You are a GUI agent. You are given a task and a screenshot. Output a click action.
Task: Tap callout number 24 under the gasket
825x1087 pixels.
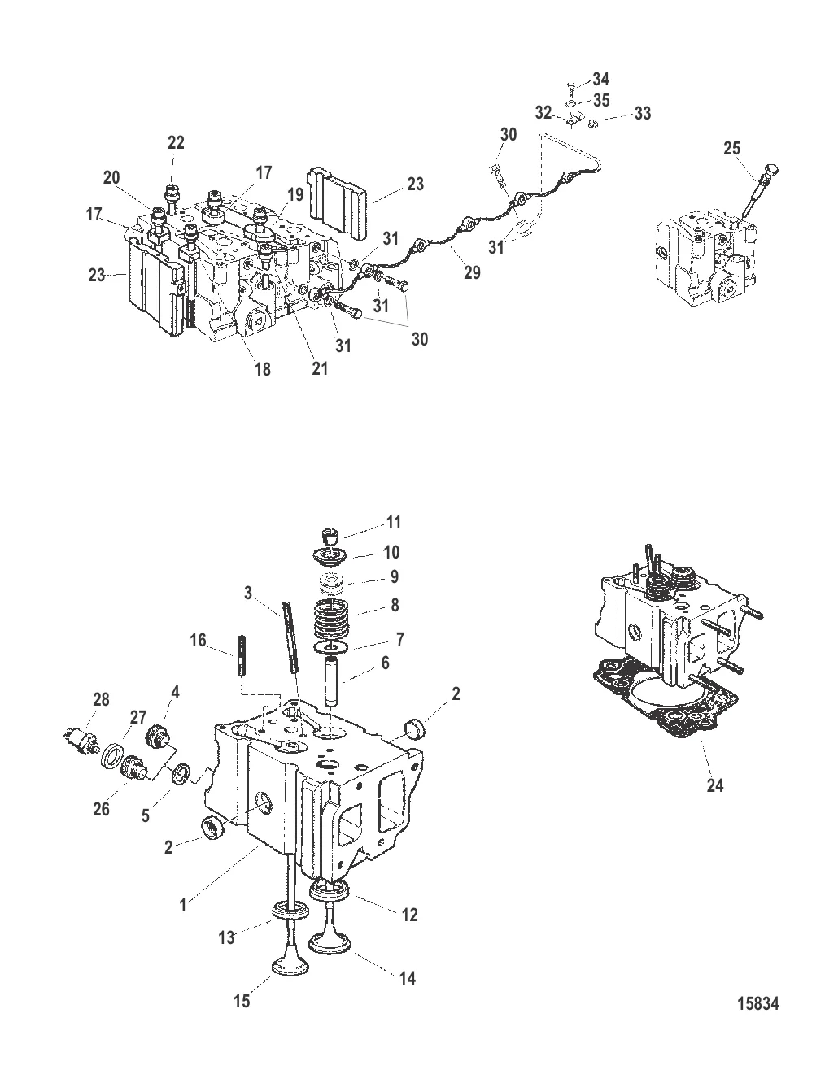point(714,785)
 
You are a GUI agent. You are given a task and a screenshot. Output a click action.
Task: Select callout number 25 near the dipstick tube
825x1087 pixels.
point(732,148)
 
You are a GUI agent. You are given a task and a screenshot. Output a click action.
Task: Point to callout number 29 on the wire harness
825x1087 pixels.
point(472,272)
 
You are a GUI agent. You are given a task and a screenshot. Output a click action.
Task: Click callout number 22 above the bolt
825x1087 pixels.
point(176,142)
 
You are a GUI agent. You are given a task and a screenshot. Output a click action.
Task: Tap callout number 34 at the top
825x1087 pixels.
point(600,79)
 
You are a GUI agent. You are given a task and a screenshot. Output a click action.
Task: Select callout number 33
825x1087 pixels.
point(642,113)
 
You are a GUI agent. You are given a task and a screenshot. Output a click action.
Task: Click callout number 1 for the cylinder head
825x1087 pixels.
point(182,905)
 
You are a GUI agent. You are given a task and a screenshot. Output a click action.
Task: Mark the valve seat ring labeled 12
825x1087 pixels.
point(329,889)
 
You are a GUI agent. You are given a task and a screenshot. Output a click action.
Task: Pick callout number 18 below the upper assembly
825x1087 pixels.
point(262,369)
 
